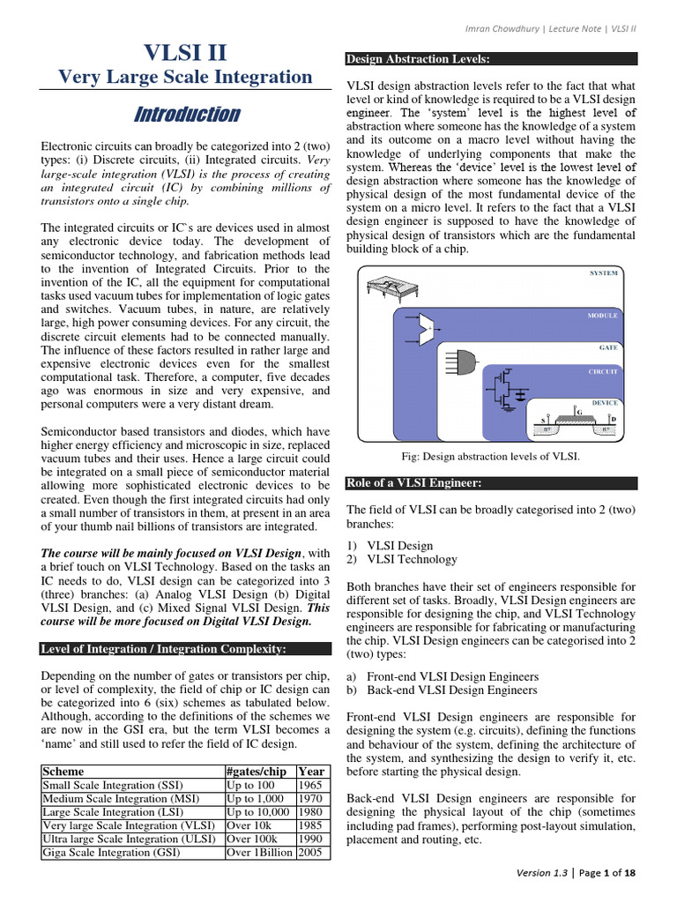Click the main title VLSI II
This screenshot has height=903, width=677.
point(185,49)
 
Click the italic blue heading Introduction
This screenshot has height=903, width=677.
point(185,115)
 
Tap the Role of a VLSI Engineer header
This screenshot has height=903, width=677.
point(413,483)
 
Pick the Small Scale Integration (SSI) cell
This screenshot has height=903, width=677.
point(106,785)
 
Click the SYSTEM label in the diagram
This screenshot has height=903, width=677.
point(603,274)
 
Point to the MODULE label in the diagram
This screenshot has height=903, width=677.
point(602,315)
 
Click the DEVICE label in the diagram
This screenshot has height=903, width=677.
point(604,402)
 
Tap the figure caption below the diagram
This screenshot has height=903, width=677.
point(490,457)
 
